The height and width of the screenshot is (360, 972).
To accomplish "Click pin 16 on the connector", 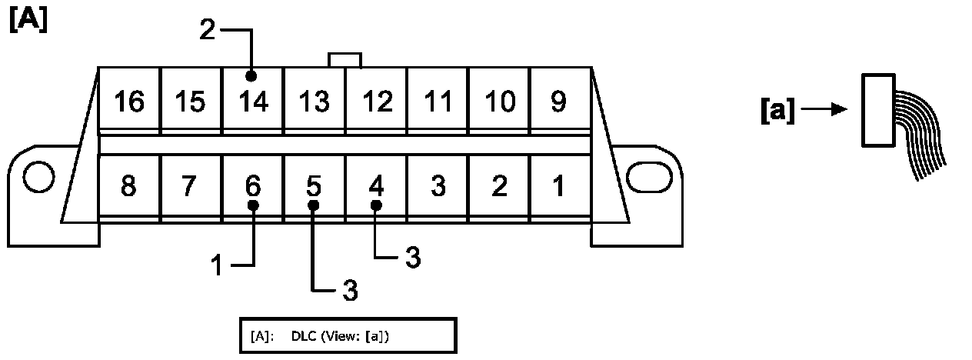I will coord(129,101).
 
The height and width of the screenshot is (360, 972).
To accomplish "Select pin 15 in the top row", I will coord(191,101).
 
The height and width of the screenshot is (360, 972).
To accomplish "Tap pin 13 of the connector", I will coord(314,101).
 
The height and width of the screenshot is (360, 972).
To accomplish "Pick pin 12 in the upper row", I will coord(376,101).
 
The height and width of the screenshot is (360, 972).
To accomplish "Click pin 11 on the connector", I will coord(438,101).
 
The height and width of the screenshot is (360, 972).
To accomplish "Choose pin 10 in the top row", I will coord(499,101).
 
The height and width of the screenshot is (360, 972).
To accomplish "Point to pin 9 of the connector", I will coord(560,101).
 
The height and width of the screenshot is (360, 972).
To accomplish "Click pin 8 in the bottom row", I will coord(129,186).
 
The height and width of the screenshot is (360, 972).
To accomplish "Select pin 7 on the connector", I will coord(191,186).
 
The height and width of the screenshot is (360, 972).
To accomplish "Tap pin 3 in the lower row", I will coord(438,186).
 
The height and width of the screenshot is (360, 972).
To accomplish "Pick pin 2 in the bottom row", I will coord(499,186).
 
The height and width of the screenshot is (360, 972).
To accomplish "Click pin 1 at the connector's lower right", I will coord(560,186).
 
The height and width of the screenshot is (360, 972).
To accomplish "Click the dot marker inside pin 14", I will coord(251,76).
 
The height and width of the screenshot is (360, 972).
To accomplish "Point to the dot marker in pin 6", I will coord(252,205).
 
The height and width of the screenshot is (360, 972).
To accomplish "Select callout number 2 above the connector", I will coord(208,31).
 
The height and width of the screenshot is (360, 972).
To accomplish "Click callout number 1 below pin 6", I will coord(218,265).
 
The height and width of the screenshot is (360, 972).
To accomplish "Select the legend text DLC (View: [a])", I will coord(345,336).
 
